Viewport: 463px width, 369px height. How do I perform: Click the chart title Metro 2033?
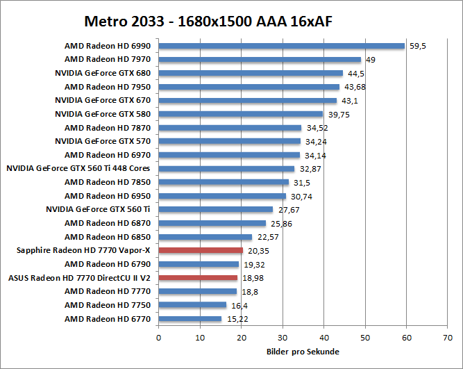click(x=208, y=21)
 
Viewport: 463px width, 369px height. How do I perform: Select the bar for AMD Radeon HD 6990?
click(x=281, y=46)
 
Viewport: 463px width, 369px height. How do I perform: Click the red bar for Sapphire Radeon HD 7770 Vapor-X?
click(x=201, y=250)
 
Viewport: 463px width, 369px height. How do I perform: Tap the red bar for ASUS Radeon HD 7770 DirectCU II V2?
click(x=198, y=277)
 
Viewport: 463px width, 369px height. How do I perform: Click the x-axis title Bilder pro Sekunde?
click(x=303, y=351)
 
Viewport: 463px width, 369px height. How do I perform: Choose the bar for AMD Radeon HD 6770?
click(x=190, y=318)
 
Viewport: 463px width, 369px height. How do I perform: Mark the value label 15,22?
click(x=235, y=319)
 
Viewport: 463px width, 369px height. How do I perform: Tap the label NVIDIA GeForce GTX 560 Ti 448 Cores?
click(x=78, y=168)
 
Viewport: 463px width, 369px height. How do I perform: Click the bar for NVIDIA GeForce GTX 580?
click(x=241, y=114)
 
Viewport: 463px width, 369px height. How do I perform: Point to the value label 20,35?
click(x=256, y=251)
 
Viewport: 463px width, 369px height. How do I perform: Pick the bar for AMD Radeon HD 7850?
click(x=224, y=182)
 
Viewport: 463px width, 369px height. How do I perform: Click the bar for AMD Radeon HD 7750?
click(x=192, y=304)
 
